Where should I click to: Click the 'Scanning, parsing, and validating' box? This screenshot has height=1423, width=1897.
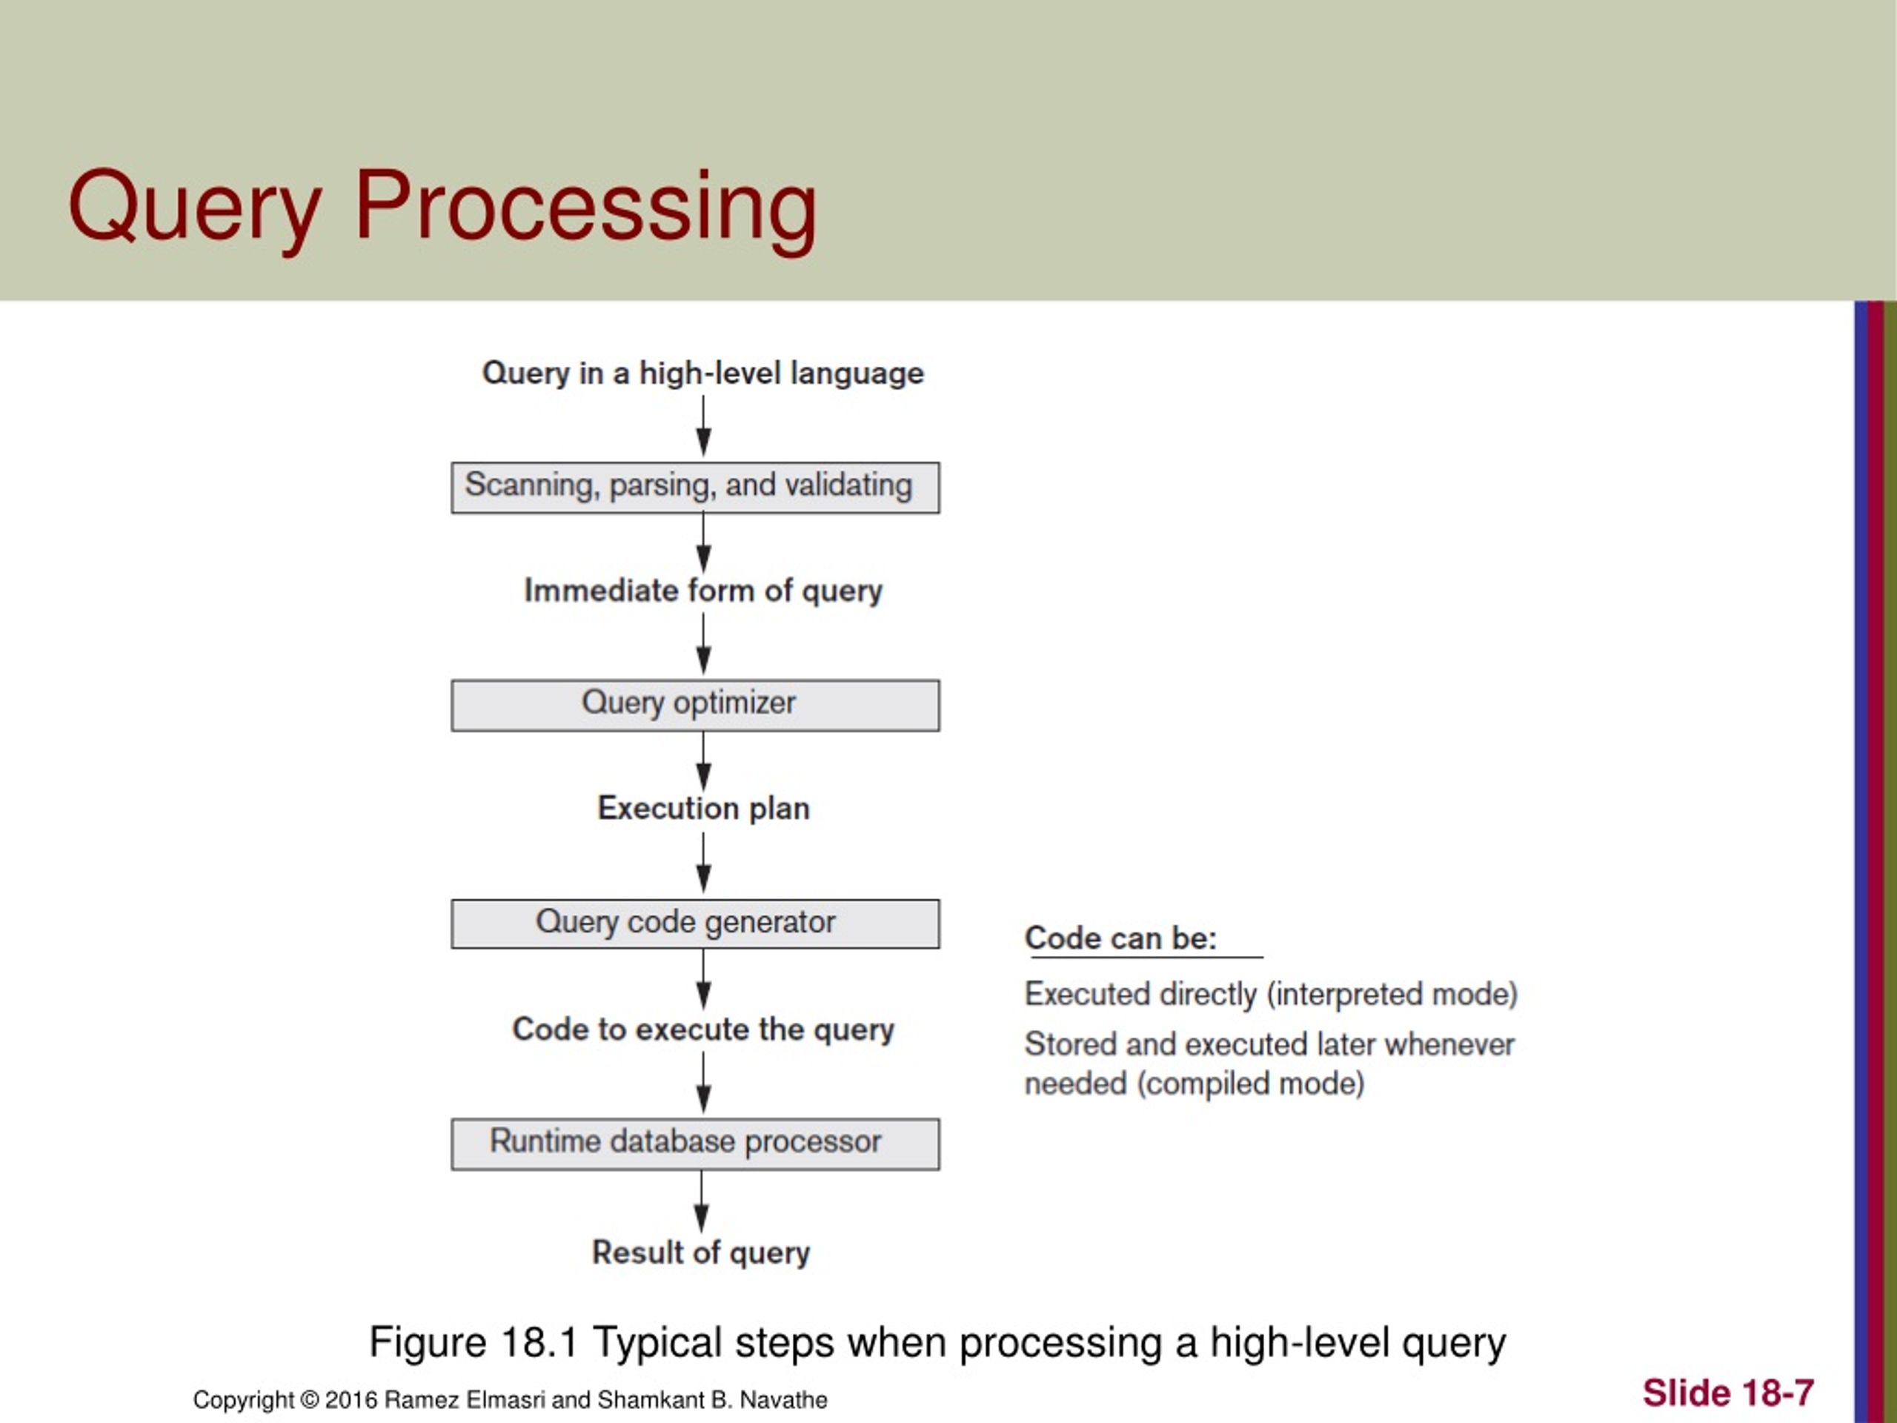(694, 487)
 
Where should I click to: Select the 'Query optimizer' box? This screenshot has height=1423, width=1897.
(694, 705)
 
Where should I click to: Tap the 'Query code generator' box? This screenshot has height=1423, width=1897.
(694, 923)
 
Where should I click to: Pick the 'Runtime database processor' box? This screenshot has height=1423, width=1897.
(694, 1144)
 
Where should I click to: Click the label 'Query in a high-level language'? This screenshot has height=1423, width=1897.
(702, 373)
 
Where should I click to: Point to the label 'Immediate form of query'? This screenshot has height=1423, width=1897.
(702, 591)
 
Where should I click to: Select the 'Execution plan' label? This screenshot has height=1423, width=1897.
(702, 809)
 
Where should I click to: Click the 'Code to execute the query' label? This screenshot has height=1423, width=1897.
(702, 1029)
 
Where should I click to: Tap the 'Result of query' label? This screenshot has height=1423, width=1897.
(701, 1253)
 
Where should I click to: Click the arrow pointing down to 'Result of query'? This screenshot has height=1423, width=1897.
(702, 1201)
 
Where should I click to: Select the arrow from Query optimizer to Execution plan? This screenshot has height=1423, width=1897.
(703, 762)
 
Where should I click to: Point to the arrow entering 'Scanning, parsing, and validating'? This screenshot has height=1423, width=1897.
(703, 426)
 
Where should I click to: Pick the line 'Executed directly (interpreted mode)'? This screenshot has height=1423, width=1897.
(1270, 994)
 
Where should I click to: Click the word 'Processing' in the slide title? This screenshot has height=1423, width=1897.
(585, 206)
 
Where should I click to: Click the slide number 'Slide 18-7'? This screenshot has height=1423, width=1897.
(1727, 1393)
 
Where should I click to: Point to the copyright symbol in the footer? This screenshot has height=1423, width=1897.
(309, 1401)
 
